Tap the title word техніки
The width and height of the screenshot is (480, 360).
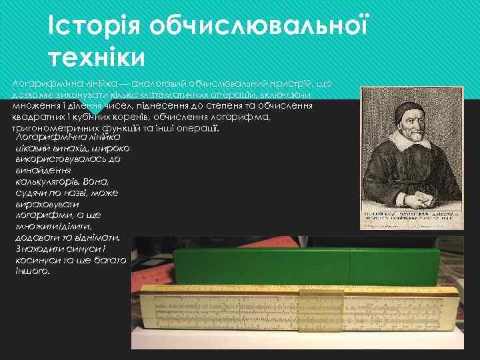[96, 58]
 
